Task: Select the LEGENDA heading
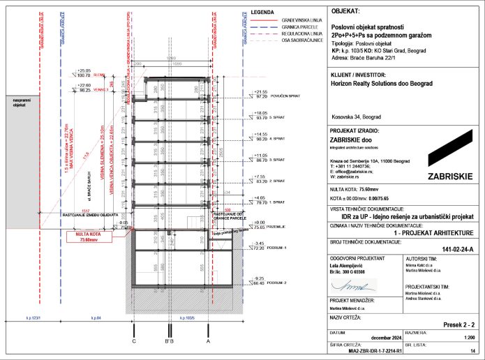tap(262, 13)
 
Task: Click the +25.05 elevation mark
tap(84, 70)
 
